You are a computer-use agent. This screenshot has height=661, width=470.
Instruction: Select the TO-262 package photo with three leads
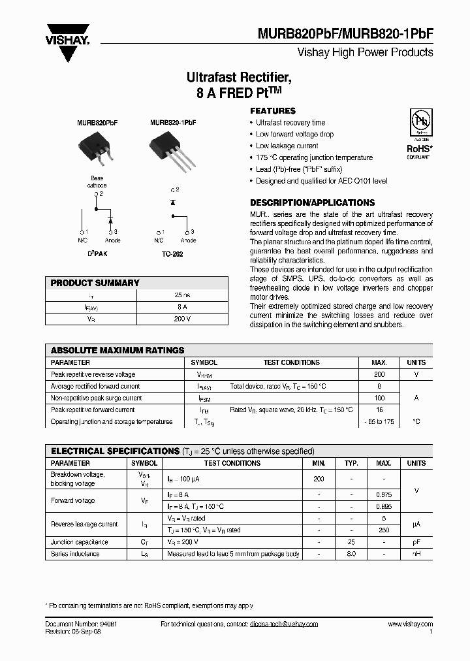(171, 146)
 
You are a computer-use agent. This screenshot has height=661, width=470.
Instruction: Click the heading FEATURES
(273, 111)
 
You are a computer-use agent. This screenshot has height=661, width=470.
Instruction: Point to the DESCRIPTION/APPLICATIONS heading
(312, 202)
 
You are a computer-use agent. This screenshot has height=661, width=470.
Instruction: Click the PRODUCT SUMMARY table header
(95, 283)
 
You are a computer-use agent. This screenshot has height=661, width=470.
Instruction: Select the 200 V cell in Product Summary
(182, 319)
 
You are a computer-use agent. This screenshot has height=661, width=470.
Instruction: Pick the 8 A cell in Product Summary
(182, 307)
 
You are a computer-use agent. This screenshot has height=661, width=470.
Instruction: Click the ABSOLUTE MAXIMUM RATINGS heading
(117, 350)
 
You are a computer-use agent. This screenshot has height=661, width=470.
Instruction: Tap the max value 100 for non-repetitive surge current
(379, 398)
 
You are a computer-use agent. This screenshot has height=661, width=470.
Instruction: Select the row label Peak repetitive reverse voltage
(93, 374)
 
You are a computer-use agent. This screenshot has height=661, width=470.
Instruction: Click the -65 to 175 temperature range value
(379, 421)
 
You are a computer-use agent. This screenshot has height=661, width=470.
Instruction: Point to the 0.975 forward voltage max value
(383, 495)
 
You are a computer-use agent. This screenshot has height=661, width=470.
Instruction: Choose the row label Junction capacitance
(80, 541)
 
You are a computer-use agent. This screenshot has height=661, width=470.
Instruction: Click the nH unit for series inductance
(416, 553)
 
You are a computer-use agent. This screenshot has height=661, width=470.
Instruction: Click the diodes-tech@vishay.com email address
(283, 624)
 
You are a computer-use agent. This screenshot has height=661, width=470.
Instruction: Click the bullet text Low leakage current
(287, 146)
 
